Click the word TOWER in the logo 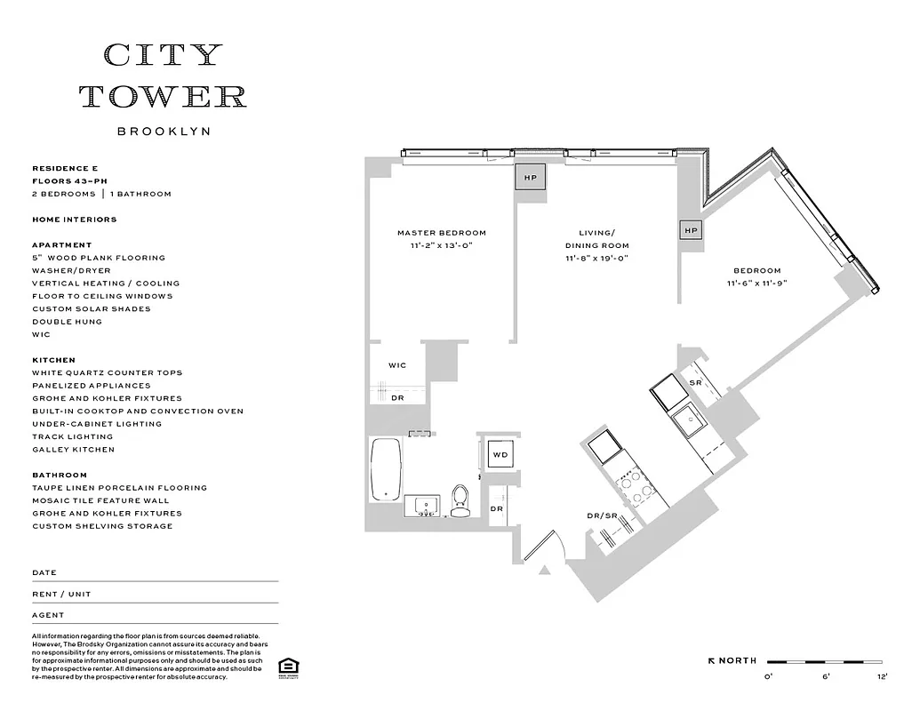pyautogui.click(x=164, y=96)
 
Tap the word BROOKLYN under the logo pyautogui.click(x=164, y=132)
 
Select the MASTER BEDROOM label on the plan pyautogui.click(x=442, y=233)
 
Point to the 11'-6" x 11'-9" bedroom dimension pyautogui.click(x=756, y=284)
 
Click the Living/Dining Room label pyautogui.click(x=596, y=239)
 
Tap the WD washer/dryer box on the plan pyautogui.click(x=500, y=455)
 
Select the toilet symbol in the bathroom pyautogui.click(x=460, y=502)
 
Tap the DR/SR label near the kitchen pyautogui.click(x=602, y=515)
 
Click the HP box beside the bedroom pyautogui.click(x=692, y=231)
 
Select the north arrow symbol pyautogui.click(x=712, y=661)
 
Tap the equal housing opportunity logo pyautogui.click(x=286, y=667)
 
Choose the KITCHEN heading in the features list pyautogui.click(x=53, y=360)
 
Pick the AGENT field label pyautogui.click(x=48, y=615)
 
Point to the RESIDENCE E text pyautogui.click(x=65, y=168)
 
